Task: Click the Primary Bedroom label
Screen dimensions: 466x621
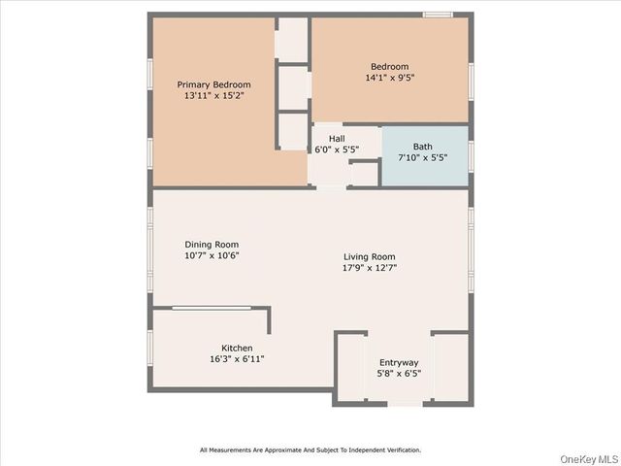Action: click(212, 84)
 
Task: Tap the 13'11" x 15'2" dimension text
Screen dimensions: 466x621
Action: click(212, 97)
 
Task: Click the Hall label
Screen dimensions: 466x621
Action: click(336, 138)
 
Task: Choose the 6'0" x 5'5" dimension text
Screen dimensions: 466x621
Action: click(336, 150)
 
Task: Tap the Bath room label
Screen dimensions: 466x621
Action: click(423, 147)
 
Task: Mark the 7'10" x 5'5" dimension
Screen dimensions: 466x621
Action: click(423, 158)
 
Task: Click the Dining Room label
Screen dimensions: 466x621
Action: click(212, 245)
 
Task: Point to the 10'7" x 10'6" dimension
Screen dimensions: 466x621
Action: click(212, 256)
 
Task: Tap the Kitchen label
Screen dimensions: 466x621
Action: click(237, 348)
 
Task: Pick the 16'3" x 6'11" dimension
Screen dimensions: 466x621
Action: click(237, 359)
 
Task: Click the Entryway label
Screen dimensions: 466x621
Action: click(398, 362)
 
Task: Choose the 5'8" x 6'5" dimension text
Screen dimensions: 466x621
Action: click(398, 374)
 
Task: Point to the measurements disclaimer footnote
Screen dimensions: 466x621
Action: click(310, 450)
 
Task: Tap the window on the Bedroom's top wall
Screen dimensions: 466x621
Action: click(438, 14)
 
